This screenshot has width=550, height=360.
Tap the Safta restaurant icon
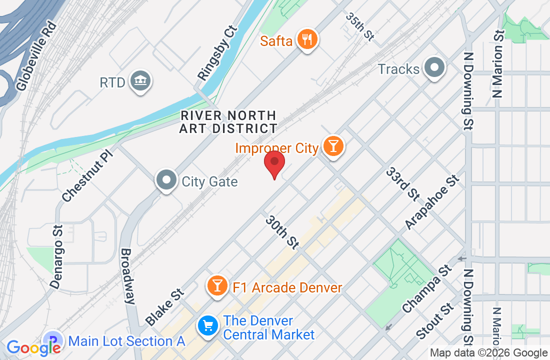(307, 39)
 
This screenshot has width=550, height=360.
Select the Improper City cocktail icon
(332, 146)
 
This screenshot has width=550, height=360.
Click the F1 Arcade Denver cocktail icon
(217, 286)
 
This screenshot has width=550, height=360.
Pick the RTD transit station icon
(139, 81)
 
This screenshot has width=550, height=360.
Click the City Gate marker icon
(166, 181)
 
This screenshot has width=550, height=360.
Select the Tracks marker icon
(434, 68)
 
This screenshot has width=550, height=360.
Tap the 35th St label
(360, 26)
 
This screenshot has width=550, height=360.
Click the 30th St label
(282, 232)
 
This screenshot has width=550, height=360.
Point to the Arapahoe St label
(431, 202)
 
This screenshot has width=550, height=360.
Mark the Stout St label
(433, 324)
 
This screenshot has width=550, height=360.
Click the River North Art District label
(229, 122)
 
